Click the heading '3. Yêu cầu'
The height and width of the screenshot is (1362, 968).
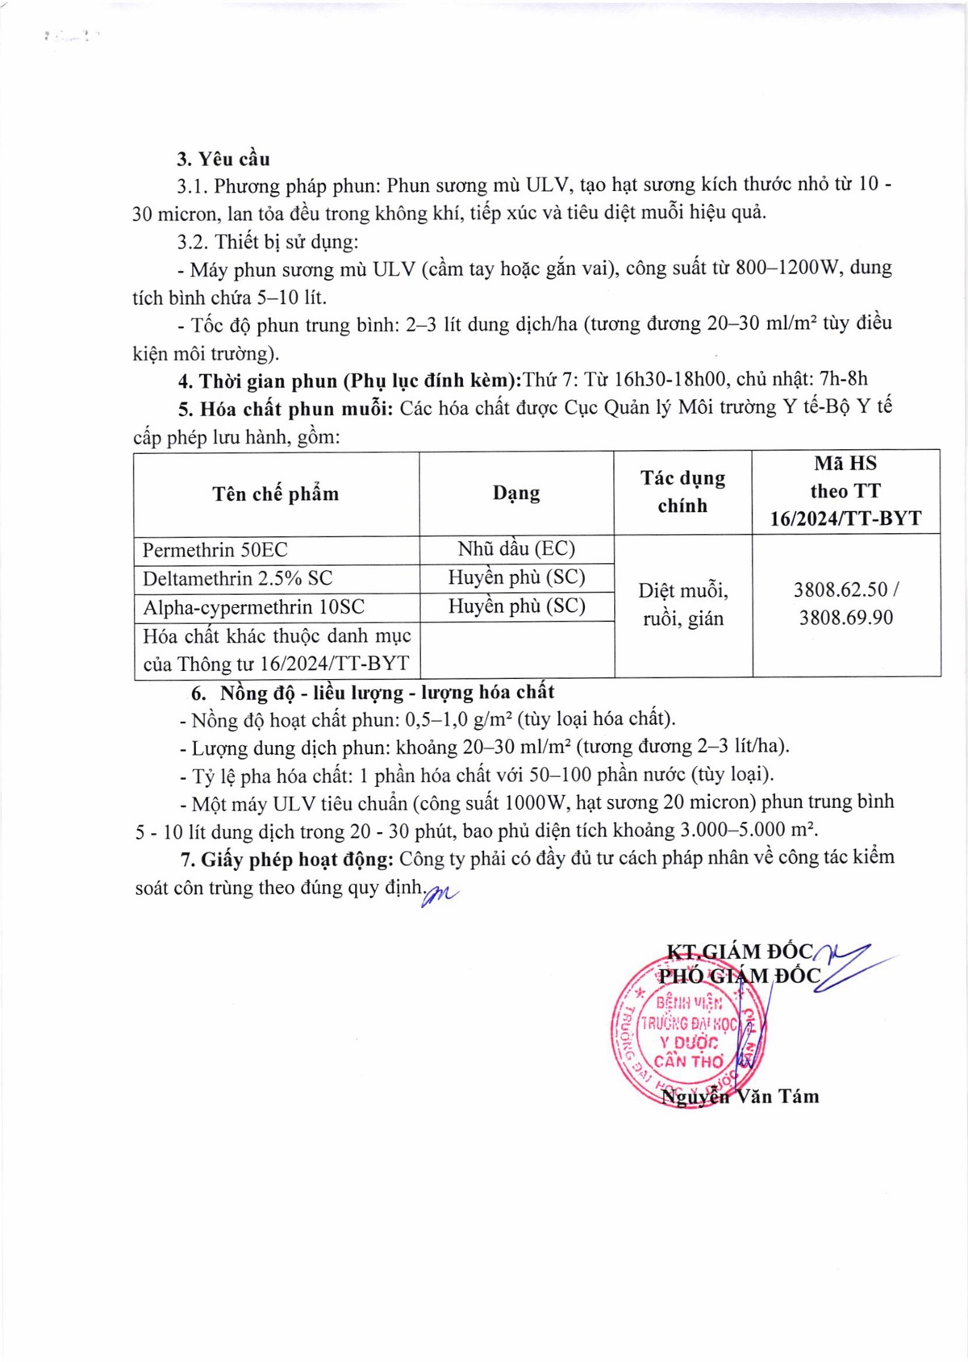[x=223, y=159]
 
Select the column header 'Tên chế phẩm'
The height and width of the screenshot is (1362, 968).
[x=276, y=494]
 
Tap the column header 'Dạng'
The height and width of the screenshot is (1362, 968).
[x=516, y=493]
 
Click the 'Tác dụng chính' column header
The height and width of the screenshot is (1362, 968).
[x=682, y=492]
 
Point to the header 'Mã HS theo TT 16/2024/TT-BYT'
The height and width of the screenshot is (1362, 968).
[x=845, y=491]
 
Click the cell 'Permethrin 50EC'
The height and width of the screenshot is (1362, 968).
[x=215, y=550]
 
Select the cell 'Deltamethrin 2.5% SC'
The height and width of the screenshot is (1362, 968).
[x=238, y=578]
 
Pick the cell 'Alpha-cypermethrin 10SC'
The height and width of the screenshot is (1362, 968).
[x=254, y=606]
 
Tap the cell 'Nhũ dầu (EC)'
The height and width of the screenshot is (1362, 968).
[x=516, y=549]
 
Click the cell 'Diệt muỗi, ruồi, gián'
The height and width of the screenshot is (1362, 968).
[x=682, y=605]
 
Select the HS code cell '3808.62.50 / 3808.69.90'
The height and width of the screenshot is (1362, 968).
[x=845, y=604]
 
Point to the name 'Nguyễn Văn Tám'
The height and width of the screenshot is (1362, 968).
[x=740, y=1096]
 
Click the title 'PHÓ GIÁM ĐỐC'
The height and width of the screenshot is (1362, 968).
[x=739, y=977]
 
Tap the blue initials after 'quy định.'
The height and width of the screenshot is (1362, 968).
[x=440, y=893]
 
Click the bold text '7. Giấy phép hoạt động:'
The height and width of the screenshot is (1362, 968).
[x=286, y=859]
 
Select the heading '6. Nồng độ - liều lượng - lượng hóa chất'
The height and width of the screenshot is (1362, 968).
[x=373, y=692]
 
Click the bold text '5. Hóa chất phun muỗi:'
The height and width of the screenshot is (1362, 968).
[x=285, y=409]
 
